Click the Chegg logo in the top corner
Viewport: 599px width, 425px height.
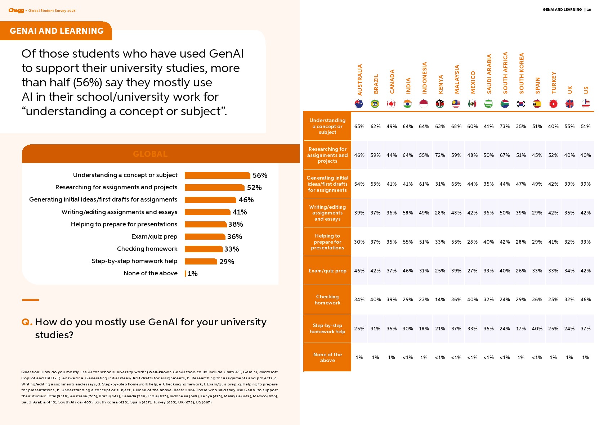pyautogui.click(x=16, y=10)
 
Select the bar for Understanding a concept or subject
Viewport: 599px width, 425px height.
pyautogui.click(x=217, y=175)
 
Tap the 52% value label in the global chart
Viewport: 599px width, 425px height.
pyautogui.click(x=254, y=187)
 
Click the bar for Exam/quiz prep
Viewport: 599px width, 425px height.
pyautogui.click(x=205, y=236)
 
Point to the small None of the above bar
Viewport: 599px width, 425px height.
pyautogui.click(x=185, y=273)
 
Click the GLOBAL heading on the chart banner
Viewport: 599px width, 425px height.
pyautogui.click(x=150, y=154)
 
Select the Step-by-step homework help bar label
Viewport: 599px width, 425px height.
pyautogui.click(x=134, y=261)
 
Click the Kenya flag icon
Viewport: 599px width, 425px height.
pyautogui.click(x=440, y=104)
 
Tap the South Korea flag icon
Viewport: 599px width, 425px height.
pyautogui.click(x=521, y=104)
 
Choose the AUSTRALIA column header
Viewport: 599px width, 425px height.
pyautogui.click(x=359, y=80)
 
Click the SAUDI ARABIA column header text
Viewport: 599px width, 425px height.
pyautogui.click(x=489, y=74)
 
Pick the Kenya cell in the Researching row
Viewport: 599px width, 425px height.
pyautogui.click(x=440, y=155)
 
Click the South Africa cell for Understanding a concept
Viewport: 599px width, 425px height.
pyautogui.click(x=505, y=126)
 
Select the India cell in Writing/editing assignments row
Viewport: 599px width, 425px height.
pyautogui.click(x=408, y=213)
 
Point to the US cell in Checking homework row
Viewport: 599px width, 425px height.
pyautogui.click(x=585, y=299)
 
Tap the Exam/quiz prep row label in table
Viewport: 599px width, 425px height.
pyautogui.click(x=327, y=271)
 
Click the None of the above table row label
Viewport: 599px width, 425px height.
pyautogui.click(x=327, y=357)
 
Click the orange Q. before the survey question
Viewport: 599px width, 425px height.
pyautogui.click(x=27, y=322)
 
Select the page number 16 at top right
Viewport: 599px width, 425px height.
pyautogui.click(x=589, y=10)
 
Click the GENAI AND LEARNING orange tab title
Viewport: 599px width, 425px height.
pyautogui.click(x=57, y=31)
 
